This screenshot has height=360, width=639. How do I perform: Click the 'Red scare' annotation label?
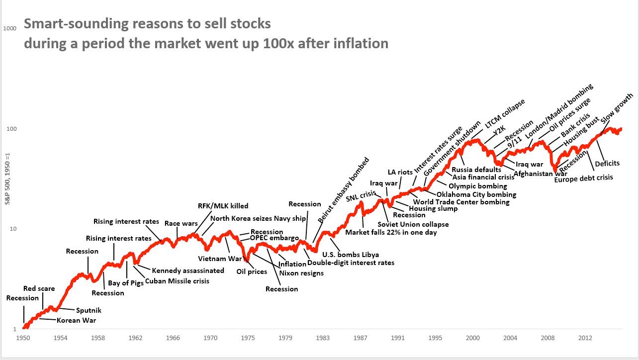tap(39, 288)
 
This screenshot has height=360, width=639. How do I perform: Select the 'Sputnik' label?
tap(89, 310)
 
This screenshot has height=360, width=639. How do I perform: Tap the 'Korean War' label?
tap(76, 320)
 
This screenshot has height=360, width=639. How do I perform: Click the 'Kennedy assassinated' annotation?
tap(188, 270)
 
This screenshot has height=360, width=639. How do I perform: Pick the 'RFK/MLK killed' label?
tap(223, 206)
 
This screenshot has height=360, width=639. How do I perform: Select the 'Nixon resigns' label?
tap(301, 273)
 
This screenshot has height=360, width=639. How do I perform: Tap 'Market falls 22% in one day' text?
tap(391, 232)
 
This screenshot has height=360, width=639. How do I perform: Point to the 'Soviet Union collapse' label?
tap(413, 224)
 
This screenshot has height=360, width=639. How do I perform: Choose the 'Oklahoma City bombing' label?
tap(476, 194)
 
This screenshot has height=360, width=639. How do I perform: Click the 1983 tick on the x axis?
tap(323, 338)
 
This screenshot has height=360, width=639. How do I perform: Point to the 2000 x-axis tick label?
tap(472, 338)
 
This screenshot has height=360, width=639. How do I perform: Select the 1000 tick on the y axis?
tap(10, 28)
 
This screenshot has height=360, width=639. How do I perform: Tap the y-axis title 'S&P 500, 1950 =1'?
tap(6, 179)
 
